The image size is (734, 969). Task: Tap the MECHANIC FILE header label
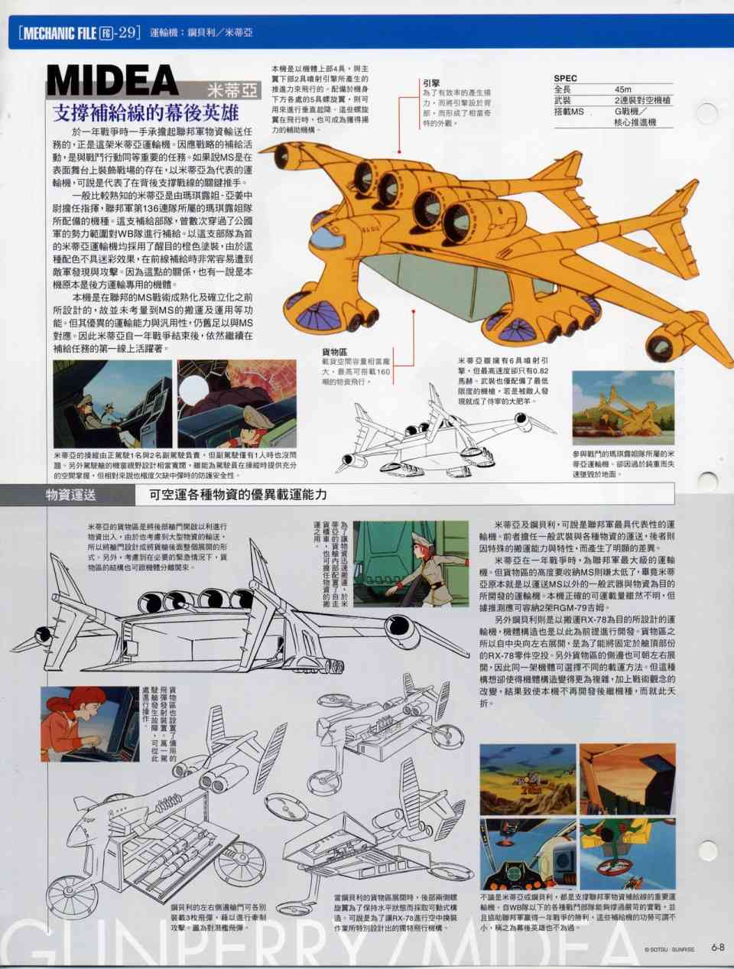[x=58, y=32]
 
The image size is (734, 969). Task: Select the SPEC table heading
[x=565, y=78]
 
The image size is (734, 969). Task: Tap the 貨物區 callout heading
[x=336, y=351]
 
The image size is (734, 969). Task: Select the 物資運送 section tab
[x=70, y=494]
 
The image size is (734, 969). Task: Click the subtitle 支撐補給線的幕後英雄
[x=145, y=113]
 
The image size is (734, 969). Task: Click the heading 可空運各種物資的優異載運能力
[x=238, y=494]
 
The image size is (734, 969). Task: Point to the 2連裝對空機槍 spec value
[x=642, y=100]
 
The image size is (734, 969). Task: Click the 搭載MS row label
[x=569, y=112]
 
